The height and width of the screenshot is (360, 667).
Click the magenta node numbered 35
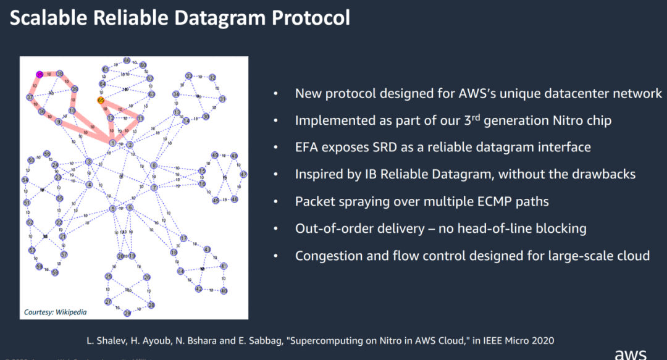(x=39, y=74)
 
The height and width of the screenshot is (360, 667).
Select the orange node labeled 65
(x=101, y=100)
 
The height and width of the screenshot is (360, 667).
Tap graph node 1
(x=113, y=143)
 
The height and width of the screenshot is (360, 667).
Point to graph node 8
(x=154, y=165)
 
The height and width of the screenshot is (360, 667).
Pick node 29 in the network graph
(x=128, y=313)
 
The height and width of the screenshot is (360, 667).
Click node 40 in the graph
(x=224, y=290)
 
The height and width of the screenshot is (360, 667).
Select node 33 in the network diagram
(x=189, y=75)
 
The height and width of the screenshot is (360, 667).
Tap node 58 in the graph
(x=55, y=272)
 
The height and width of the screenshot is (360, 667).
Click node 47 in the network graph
(x=243, y=174)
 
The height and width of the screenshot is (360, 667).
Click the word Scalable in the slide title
(x=46, y=17)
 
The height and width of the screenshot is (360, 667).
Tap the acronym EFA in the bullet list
(x=308, y=147)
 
